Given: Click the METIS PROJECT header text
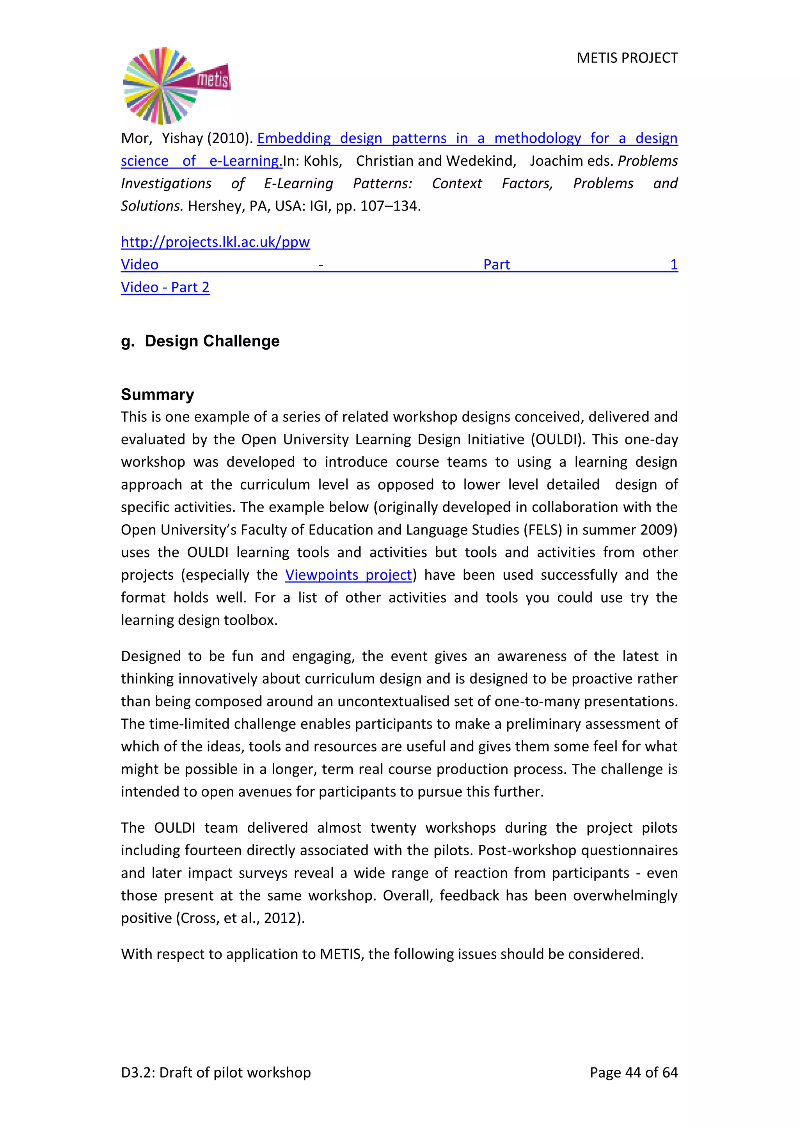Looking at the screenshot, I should [627, 58].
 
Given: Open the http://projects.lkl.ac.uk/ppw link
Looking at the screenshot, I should [215, 242].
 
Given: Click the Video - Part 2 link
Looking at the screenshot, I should [165, 287].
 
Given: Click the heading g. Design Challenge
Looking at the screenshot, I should [200, 341].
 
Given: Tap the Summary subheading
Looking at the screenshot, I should [158, 395].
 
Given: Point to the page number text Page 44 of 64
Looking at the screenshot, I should [633, 1072].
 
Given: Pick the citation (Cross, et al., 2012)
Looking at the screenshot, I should [240, 918].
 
